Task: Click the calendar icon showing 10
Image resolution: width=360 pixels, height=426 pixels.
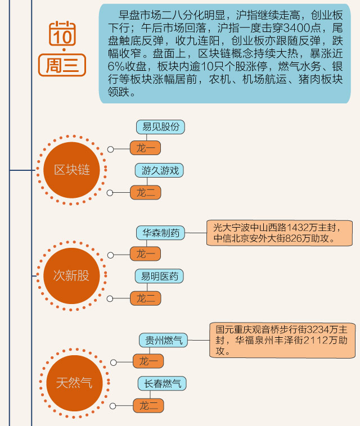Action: coord(62,34)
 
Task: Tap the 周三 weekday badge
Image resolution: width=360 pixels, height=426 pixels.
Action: coord(62,65)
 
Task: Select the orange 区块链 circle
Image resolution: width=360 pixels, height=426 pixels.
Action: coord(71,170)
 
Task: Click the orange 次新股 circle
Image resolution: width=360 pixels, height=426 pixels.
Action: coord(71,276)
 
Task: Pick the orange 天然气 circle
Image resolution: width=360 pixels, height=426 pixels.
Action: coord(74,383)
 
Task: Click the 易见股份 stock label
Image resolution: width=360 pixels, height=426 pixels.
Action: coord(160,127)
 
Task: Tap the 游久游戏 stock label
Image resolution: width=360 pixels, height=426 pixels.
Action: coord(160,170)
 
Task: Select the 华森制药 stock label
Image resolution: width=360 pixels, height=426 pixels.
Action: coord(160,233)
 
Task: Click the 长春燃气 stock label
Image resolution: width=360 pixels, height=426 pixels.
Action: coord(163,384)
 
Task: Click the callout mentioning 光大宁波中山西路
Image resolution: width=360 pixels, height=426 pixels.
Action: coord(279,233)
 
